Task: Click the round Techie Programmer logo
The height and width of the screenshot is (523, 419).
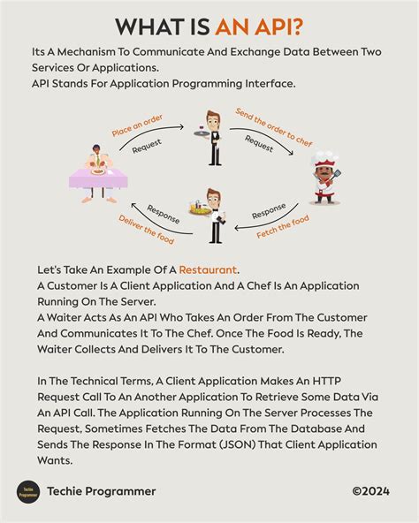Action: click(28, 491)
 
